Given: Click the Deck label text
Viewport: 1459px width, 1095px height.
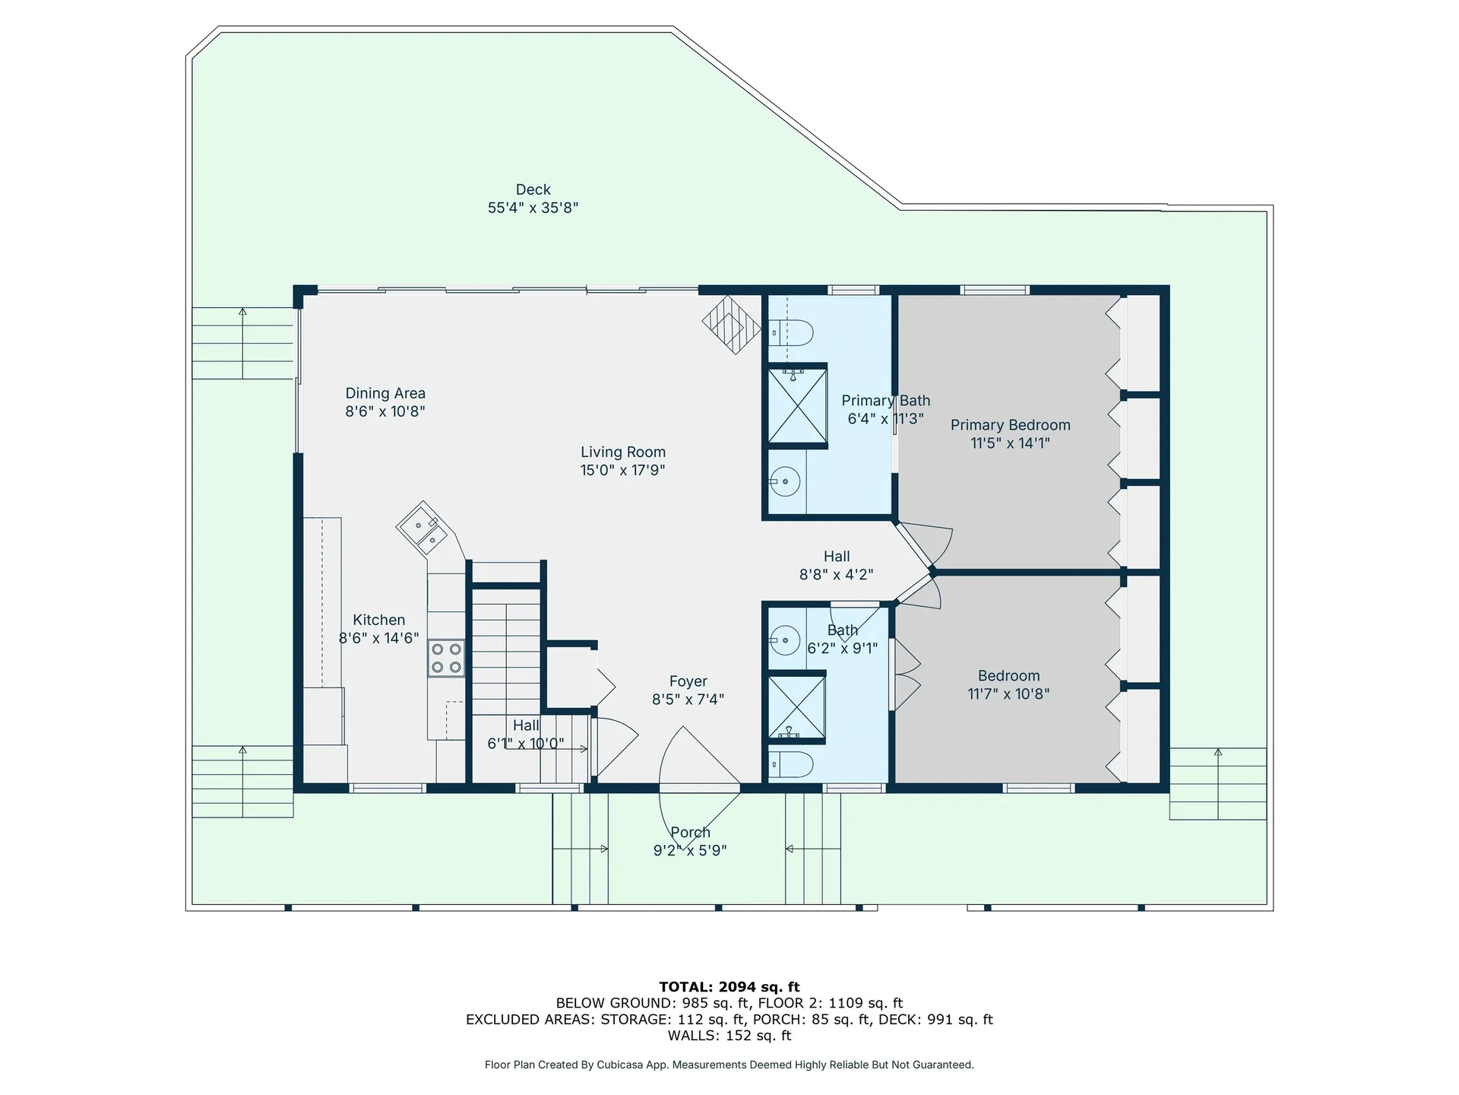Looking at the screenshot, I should pos(533,190).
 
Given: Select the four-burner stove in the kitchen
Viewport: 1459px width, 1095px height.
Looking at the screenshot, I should pos(446,659).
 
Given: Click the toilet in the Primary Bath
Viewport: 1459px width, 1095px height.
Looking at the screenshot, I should pos(792,332).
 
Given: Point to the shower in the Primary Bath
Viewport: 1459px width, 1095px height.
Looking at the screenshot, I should pos(796,405).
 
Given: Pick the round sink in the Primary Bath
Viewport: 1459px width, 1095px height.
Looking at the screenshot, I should pos(785,481).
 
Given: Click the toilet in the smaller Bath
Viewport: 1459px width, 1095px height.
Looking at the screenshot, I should pos(792,763).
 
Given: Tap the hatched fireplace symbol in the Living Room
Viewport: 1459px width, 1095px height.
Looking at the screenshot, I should pos(731,325).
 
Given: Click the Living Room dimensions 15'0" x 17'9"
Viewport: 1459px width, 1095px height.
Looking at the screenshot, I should pos(622,471).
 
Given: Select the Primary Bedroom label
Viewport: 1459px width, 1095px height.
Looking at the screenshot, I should pos(1010,425).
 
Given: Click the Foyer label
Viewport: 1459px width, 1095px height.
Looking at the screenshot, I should pos(688,681).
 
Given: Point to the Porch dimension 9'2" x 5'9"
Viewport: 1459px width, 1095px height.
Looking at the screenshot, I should pos(690,851).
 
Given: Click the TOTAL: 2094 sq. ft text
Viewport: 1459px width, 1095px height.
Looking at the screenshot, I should pos(729,987).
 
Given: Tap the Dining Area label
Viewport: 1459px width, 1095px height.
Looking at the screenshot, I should pos(385,393).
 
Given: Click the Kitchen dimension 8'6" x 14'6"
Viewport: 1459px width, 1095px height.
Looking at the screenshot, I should pos(378,638).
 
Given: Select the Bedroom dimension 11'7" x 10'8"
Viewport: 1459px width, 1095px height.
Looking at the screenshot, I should pos(1008,693).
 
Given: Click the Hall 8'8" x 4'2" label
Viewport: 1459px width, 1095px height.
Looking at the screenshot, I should pos(836,557).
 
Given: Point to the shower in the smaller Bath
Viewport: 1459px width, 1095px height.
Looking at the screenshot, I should pos(796,706).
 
